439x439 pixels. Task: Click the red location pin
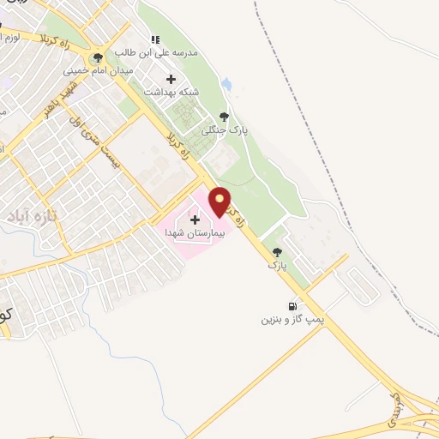[220, 201]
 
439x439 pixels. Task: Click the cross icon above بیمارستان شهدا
[195, 219]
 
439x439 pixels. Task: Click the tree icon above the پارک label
[276, 253]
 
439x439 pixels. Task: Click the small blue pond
[226, 85]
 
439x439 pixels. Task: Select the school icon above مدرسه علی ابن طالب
[155, 39]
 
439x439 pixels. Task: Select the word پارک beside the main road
[276, 266]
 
